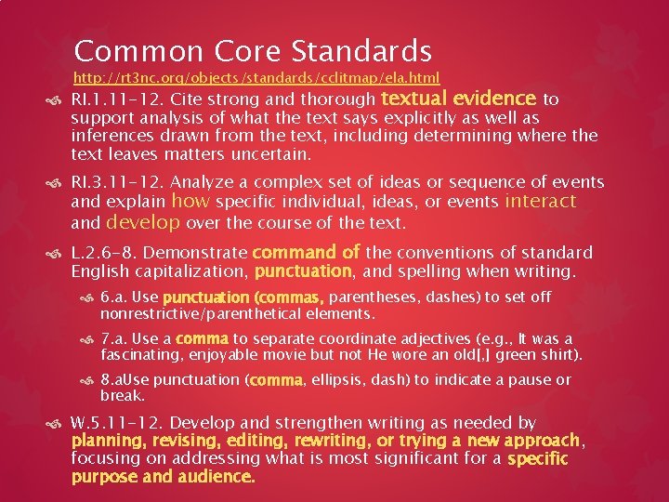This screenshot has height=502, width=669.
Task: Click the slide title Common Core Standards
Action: point(253,50)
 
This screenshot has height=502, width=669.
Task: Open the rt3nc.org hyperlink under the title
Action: point(256,78)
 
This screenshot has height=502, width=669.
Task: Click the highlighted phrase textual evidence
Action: point(459,99)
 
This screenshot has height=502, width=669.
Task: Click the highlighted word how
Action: point(191,202)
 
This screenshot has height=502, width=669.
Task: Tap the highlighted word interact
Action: point(540,202)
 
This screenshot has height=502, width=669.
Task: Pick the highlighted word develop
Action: point(143,222)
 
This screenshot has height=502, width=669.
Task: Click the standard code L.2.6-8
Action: point(104,253)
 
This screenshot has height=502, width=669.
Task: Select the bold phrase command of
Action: point(306,252)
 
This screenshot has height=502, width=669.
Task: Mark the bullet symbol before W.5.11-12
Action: point(59,424)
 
